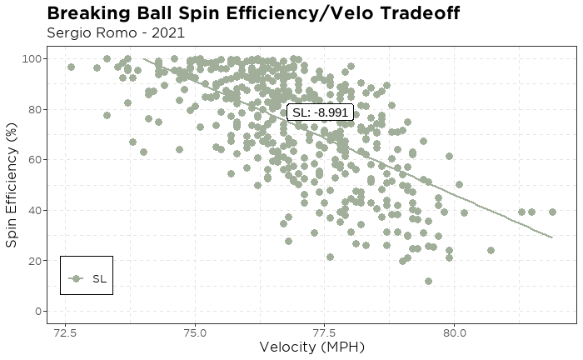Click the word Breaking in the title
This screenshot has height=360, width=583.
click(x=92, y=13)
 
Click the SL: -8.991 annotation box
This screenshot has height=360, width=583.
click(x=321, y=112)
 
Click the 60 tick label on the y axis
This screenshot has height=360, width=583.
click(x=35, y=159)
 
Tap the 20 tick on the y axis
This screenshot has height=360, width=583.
click(x=35, y=261)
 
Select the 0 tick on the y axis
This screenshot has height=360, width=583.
click(x=38, y=312)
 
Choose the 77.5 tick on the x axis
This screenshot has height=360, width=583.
click(x=325, y=331)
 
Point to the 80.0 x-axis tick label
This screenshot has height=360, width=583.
click(x=454, y=331)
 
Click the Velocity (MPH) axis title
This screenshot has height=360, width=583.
click(x=311, y=347)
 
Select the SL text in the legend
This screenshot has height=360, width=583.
click(x=99, y=279)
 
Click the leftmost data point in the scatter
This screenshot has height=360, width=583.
click(x=71, y=67)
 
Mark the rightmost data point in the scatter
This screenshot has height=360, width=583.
click(x=552, y=212)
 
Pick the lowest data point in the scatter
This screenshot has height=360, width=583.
click(x=428, y=282)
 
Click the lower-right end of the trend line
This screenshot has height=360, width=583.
click(x=551, y=237)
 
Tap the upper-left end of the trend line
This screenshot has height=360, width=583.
click(x=144, y=59)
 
